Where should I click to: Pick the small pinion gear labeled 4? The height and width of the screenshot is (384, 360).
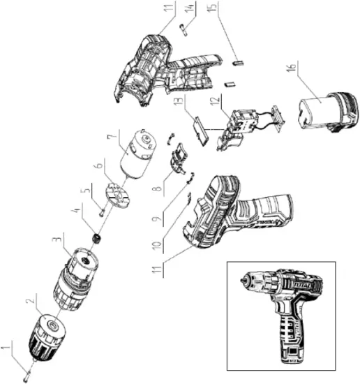click(95, 240)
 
